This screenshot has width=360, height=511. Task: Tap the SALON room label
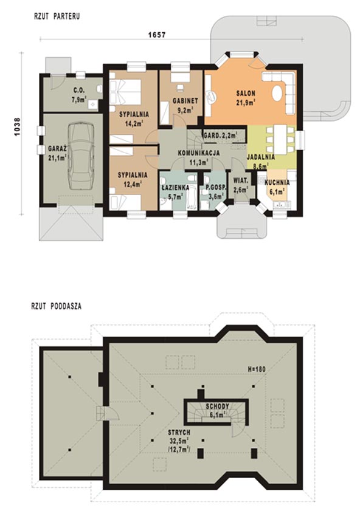pyautogui.click(x=246, y=94)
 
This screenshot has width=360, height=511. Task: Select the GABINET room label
pyautogui.click(x=185, y=101)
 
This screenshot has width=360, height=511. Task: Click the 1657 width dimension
pyautogui.click(x=157, y=35)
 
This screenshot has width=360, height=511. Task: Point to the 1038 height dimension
pyautogui.click(x=17, y=127)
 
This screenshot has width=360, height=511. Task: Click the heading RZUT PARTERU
pyautogui.click(x=57, y=16)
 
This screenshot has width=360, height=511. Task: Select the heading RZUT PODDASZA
pyautogui.click(x=57, y=306)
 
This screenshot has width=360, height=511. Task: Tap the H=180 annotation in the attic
pyautogui.click(x=257, y=369)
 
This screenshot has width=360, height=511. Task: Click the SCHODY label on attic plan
pyautogui.click(x=217, y=406)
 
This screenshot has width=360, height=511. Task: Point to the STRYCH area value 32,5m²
pyautogui.click(x=179, y=441)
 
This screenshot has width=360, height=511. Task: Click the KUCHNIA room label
pyautogui.click(x=277, y=183)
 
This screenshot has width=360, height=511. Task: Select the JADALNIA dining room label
pyautogui.click(x=260, y=157)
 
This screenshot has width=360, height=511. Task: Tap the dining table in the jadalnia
pyautogui.click(x=280, y=140)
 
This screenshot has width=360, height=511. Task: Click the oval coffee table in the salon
pyautogui.click(x=277, y=94)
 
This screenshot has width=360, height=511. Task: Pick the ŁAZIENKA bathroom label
pyautogui.click(x=175, y=188)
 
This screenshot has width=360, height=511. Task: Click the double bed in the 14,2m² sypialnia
pyautogui.click(x=125, y=92)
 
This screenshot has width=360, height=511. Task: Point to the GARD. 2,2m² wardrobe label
pyautogui.click(x=220, y=135)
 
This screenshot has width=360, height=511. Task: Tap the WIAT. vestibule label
pyautogui.click(x=241, y=180)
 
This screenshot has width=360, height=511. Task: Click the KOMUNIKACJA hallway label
pyautogui.click(x=199, y=153)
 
